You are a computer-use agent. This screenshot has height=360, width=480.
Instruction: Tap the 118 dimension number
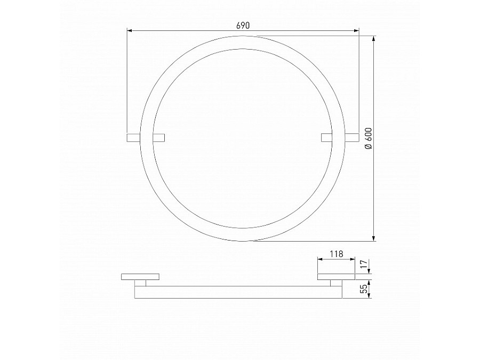click(x=336, y=254)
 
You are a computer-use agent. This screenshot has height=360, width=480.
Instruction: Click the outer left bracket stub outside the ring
click(x=133, y=138)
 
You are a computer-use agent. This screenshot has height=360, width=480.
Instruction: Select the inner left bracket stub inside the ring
click(x=159, y=138)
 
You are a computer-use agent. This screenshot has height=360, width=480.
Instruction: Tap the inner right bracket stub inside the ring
click(x=327, y=138)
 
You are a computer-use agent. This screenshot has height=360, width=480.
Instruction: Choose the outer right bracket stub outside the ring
click(x=352, y=138)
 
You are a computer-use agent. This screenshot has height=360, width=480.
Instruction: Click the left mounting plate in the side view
click(x=140, y=277)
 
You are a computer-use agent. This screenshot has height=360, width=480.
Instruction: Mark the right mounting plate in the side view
click(x=336, y=277)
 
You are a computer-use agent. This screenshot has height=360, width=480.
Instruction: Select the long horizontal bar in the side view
click(x=238, y=292)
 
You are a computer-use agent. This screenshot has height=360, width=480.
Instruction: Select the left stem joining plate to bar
click(x=140, y=283)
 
